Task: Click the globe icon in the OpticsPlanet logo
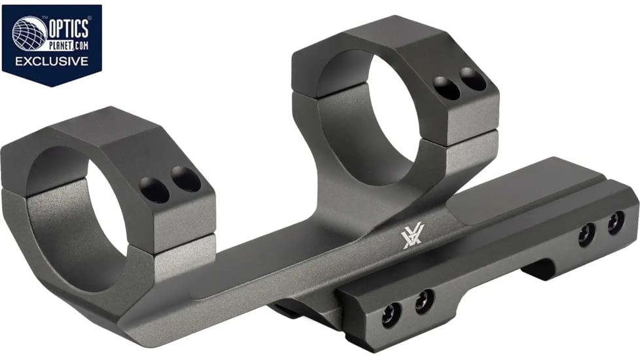pyautogui.click(x=27, y=33)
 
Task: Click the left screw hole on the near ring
pyautogui.click(x=154, y=189)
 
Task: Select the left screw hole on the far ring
pyautogui.click(x=447, y=88)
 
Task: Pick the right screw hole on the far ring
pyautogui.click(x=472, y=79)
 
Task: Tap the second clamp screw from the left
pyautogui.click(x=424, y=301)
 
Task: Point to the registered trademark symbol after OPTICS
pyautogui.click(x=90, y=20)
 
